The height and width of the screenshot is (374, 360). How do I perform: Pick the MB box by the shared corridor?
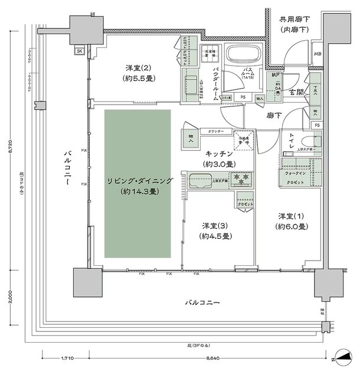[x=318, y=56]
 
